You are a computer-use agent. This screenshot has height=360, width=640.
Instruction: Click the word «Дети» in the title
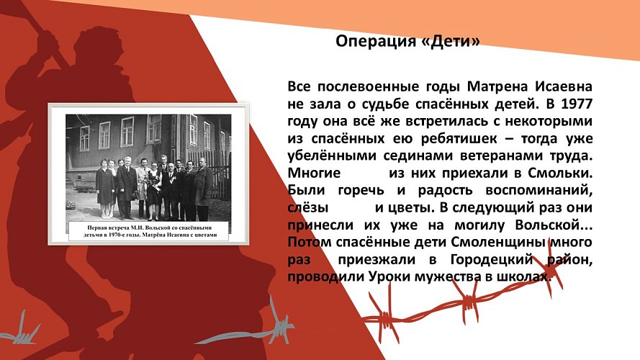456,42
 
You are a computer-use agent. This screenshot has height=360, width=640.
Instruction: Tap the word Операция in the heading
374,42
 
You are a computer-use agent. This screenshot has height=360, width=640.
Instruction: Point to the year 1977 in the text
578,102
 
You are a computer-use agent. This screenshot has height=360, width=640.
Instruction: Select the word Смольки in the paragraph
562,174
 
